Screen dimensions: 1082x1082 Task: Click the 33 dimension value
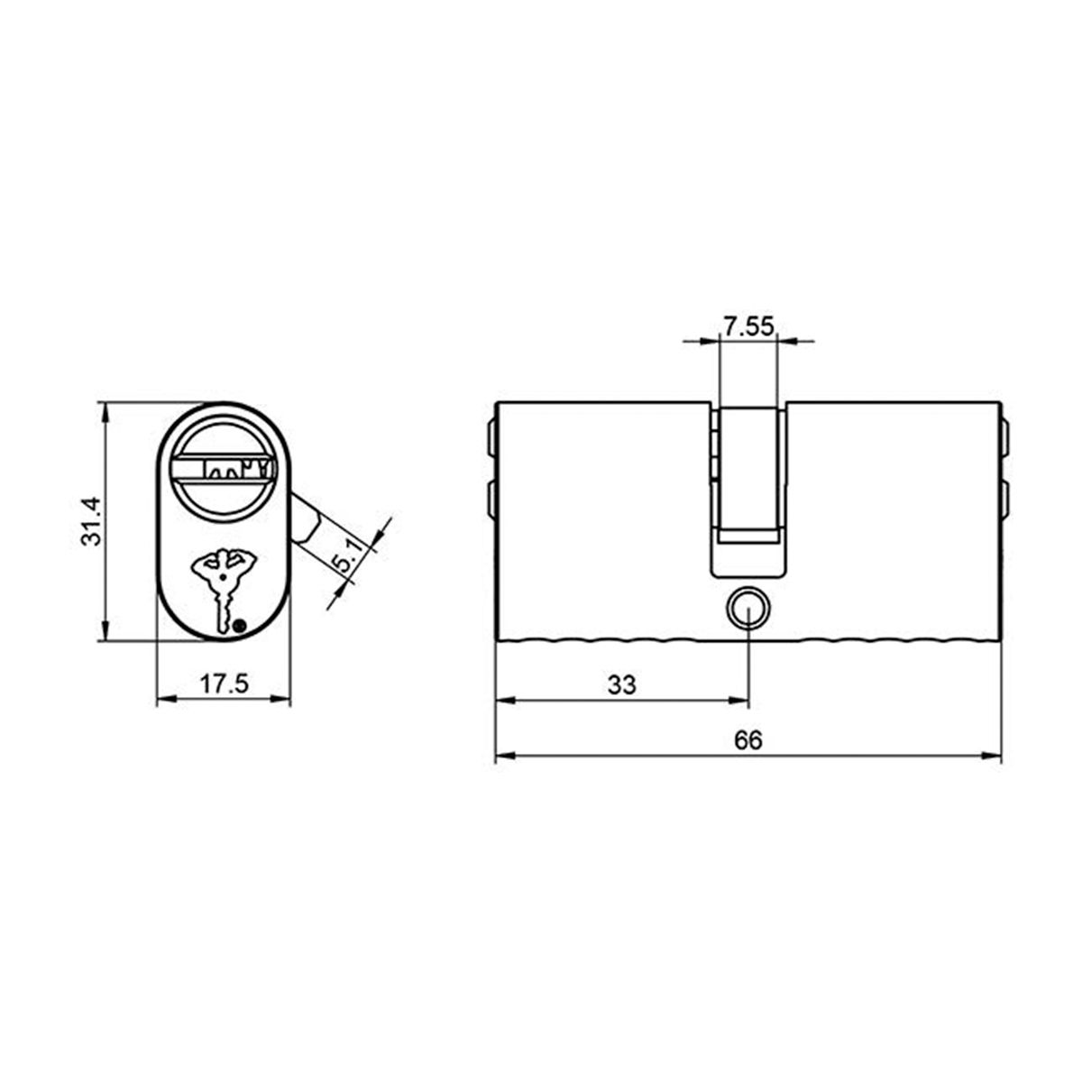(621, 684)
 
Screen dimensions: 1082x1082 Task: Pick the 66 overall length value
(747, 740)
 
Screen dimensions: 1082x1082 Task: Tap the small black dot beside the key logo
(239, 626)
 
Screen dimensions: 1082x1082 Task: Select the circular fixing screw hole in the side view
(747, 606)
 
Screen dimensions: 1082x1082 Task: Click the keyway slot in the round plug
(225, 468)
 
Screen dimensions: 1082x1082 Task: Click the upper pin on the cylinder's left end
(491, 437)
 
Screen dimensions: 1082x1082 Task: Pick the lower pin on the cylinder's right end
(1004, 499)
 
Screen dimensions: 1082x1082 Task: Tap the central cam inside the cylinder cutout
(747, 473)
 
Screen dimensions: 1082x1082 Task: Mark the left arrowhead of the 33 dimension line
(505, 700)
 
